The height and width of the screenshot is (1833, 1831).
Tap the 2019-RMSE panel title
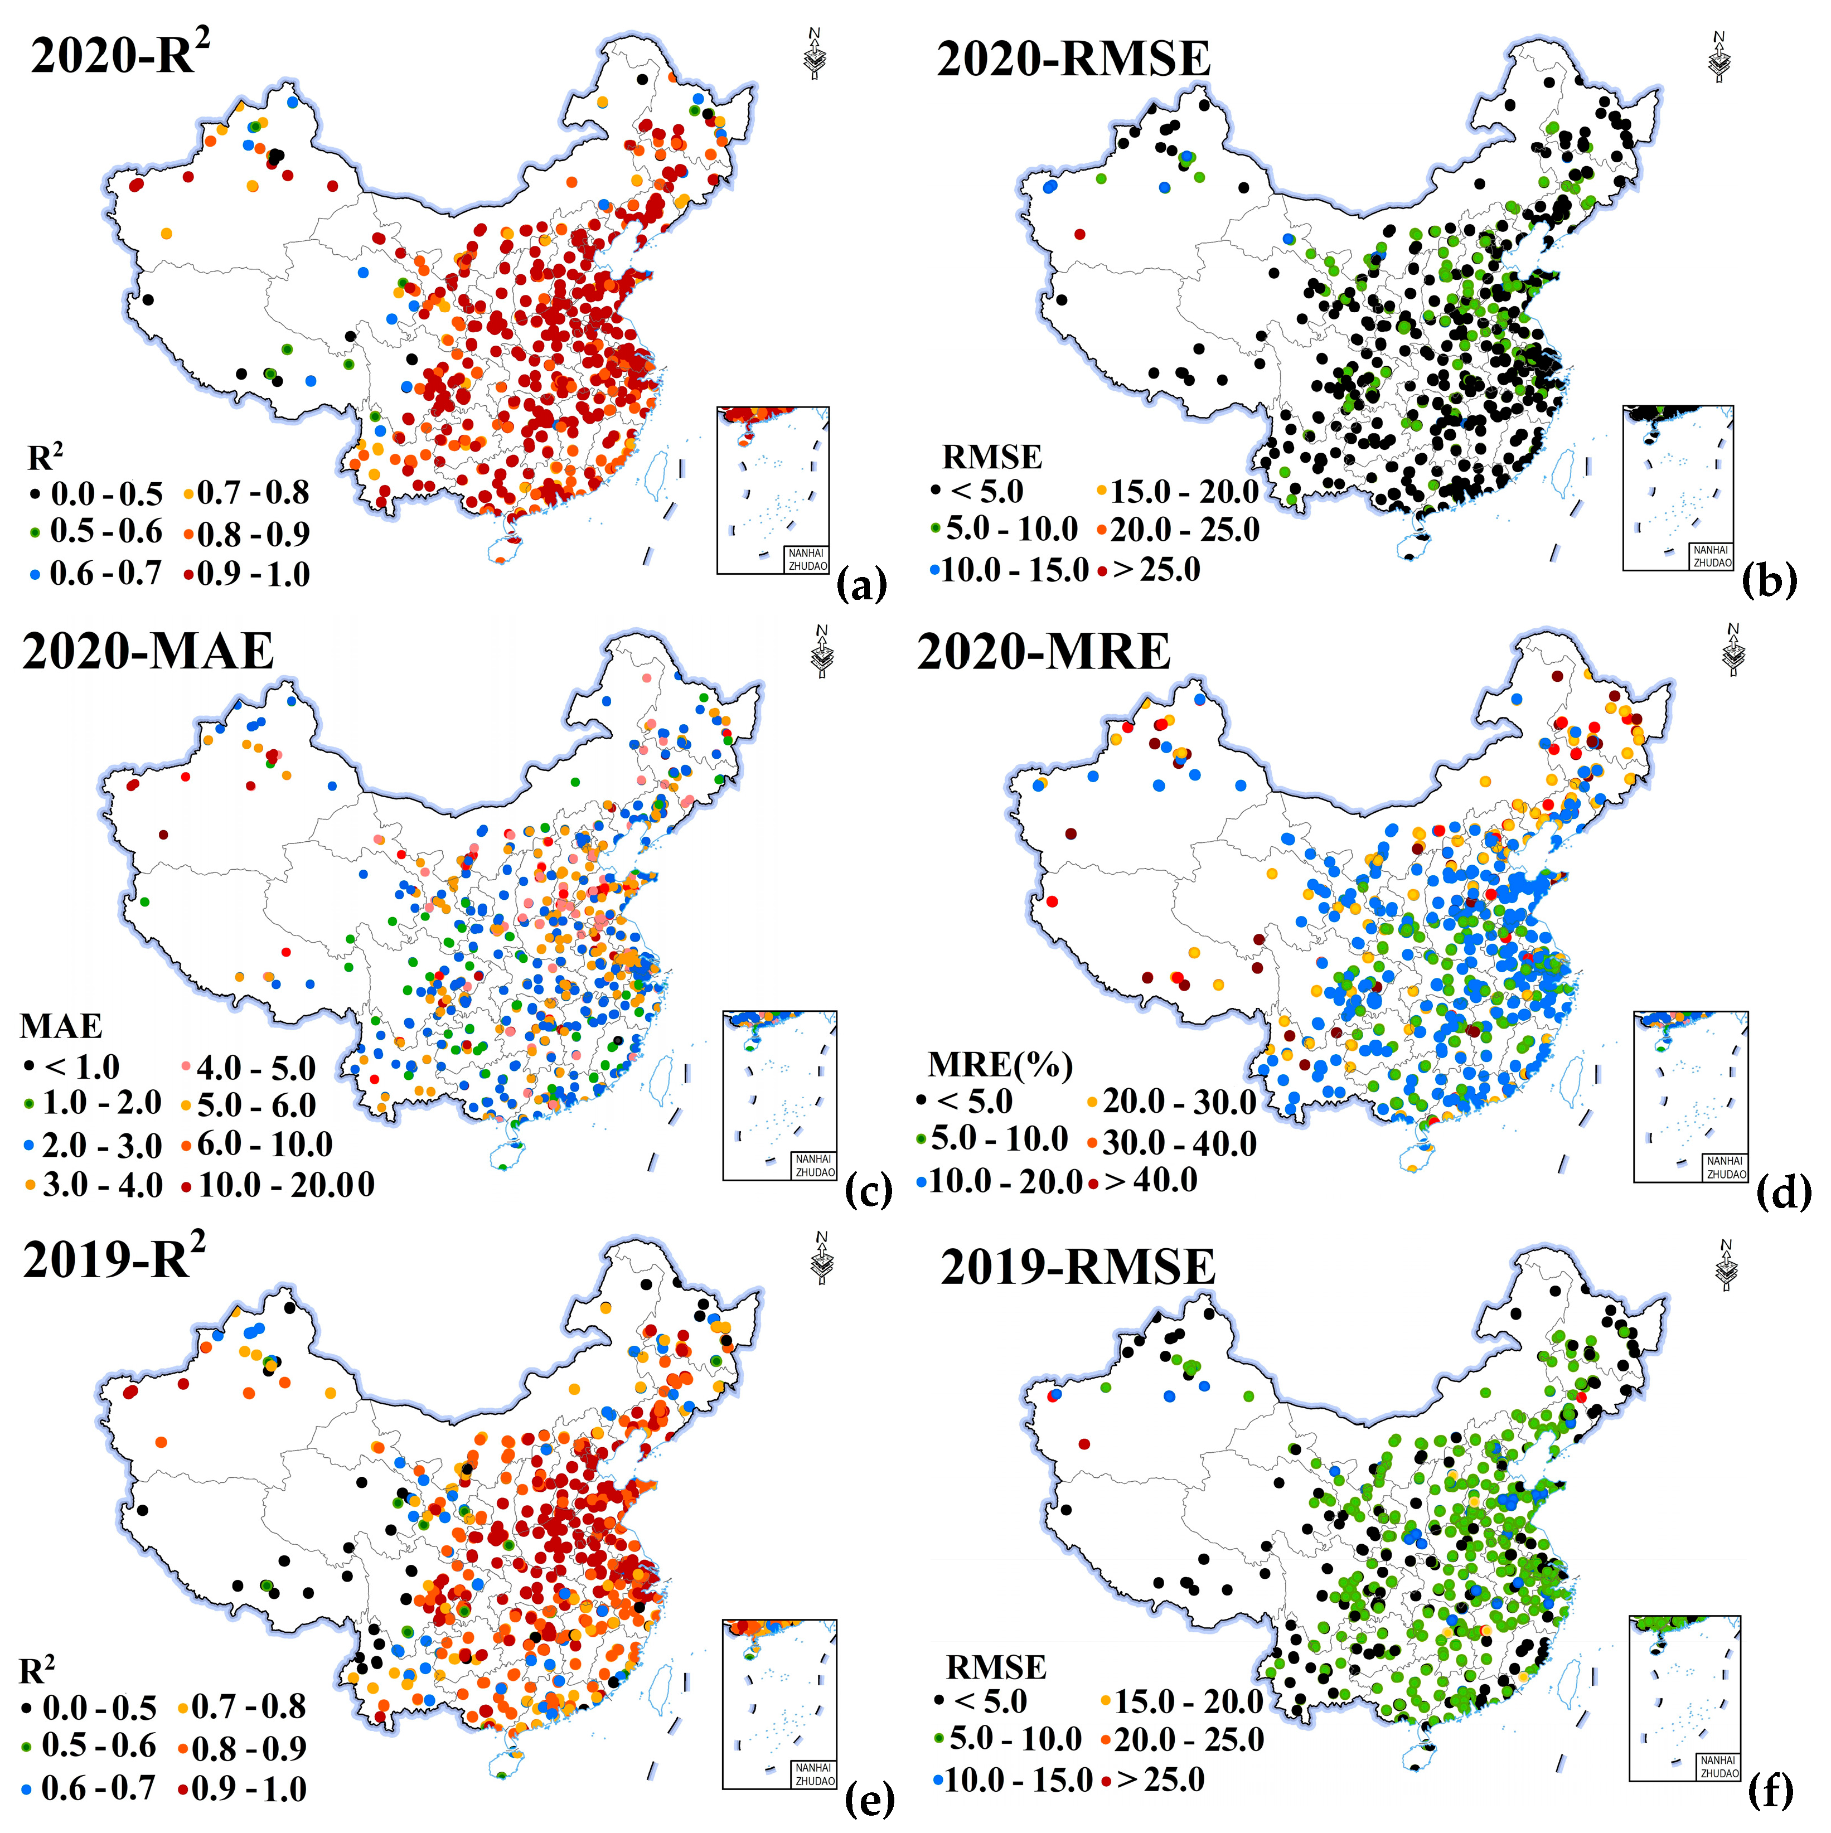(x=1078, y=1268)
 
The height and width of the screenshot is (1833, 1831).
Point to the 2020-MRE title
(x=1044, y=652)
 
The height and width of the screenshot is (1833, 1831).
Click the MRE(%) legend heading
(x=1000, y=1064)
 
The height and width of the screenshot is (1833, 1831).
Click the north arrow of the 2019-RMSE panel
(x=1727, y=1265)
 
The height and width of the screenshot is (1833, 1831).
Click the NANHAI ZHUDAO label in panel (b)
(x=1712, y=556)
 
